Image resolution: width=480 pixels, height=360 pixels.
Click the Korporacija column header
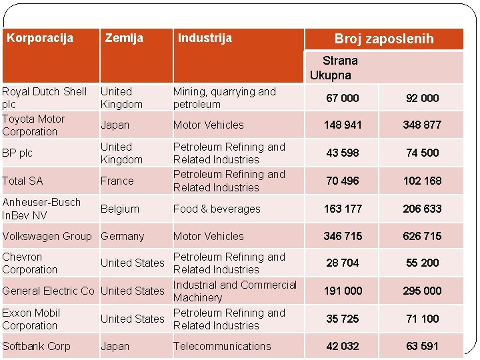40,38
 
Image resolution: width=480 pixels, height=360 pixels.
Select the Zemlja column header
124,38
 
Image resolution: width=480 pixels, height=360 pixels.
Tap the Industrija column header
205,38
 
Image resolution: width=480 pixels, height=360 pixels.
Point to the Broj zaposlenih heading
384,39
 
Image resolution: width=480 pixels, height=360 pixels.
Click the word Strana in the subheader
340,61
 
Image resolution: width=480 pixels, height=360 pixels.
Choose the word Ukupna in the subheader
330,75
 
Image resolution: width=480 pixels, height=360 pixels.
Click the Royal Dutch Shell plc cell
45,97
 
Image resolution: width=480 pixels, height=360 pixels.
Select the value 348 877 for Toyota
422,125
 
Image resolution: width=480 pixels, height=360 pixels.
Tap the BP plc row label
17,153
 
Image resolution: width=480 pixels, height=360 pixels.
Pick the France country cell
117,181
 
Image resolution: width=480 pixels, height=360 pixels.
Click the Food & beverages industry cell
217,209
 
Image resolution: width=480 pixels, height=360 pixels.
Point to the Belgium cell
120,209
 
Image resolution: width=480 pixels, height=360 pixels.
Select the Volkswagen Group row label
47,236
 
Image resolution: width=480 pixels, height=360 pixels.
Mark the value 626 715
422,236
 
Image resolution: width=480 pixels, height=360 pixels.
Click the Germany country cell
122,236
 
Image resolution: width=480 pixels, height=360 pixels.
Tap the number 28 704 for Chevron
342,263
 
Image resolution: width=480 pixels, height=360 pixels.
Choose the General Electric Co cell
48,291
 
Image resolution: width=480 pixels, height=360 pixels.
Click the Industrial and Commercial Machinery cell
235,291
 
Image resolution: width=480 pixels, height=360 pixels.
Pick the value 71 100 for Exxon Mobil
423,319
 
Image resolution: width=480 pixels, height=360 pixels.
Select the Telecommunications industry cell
222,346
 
